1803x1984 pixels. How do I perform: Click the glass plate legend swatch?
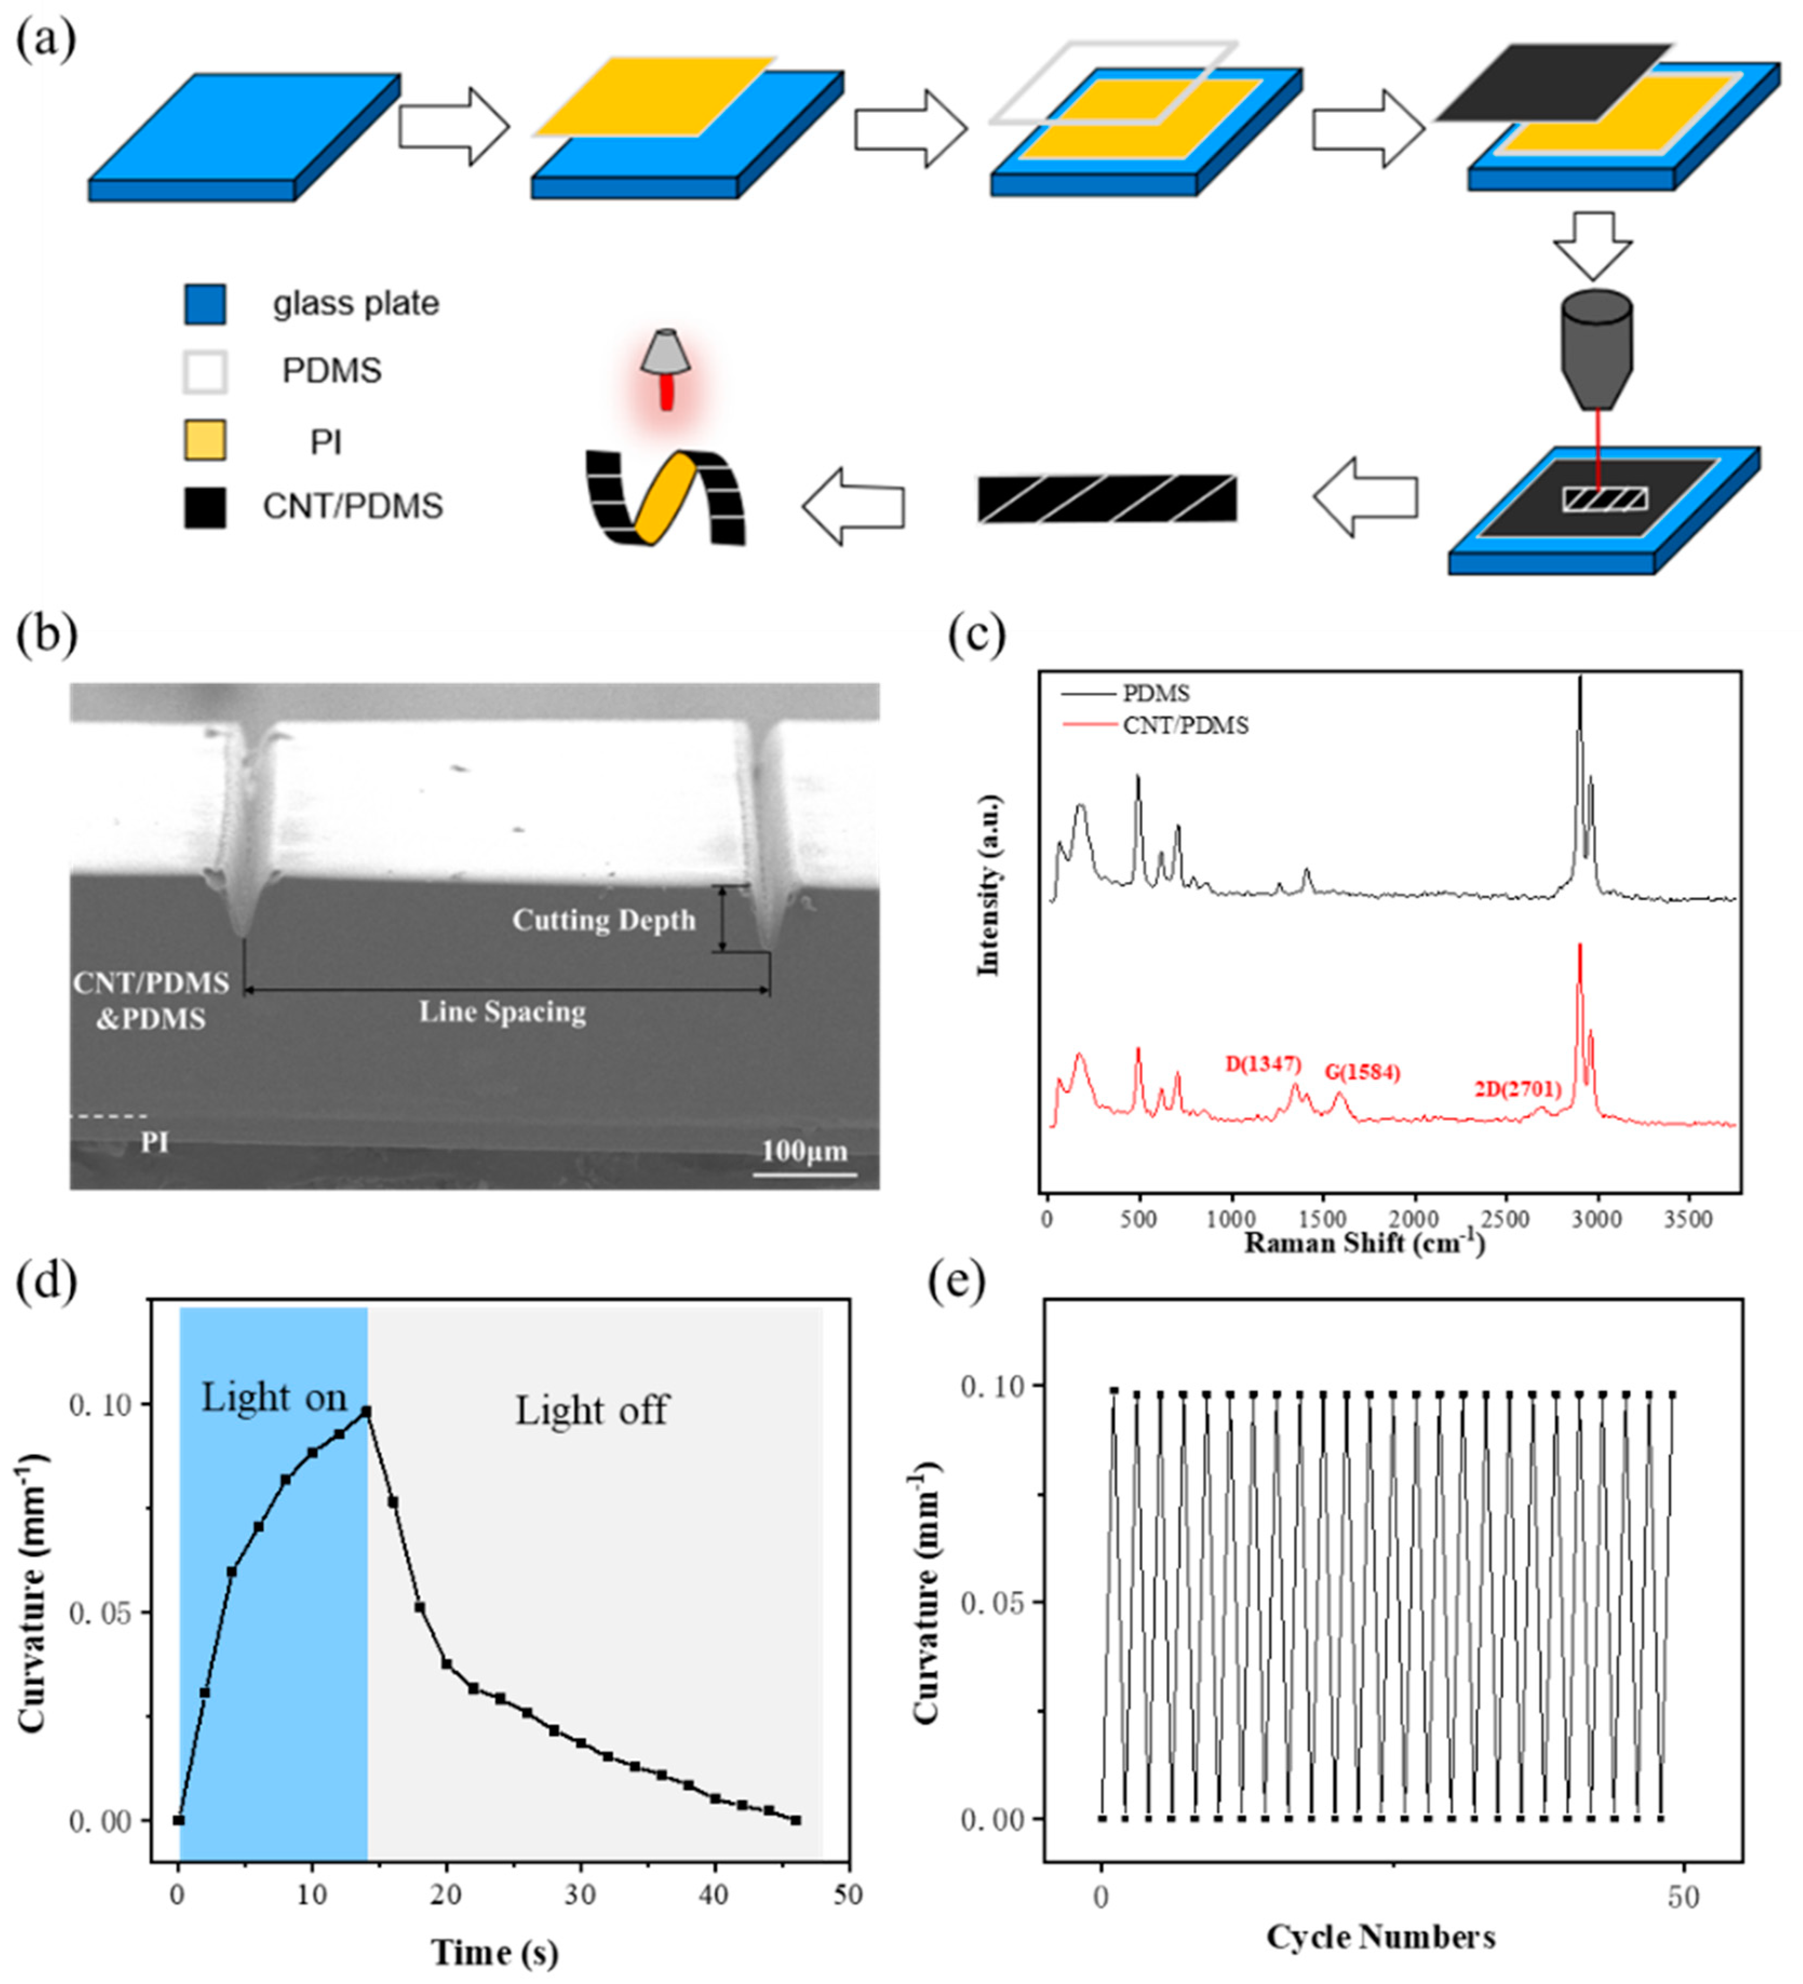click(205, 304)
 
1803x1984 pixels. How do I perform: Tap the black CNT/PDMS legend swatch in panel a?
click(205, 508)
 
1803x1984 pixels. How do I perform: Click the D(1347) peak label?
click(1263, 1064)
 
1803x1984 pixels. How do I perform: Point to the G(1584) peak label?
click(1362, 1072)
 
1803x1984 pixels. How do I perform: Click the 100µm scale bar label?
click(804, 1150)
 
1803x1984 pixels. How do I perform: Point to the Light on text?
click(274, 1398)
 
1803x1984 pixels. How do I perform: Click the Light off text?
click(591, 1411)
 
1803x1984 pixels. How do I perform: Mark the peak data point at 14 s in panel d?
click(366, 1411)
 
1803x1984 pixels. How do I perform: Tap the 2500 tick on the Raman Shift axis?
click(1505, 1218)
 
